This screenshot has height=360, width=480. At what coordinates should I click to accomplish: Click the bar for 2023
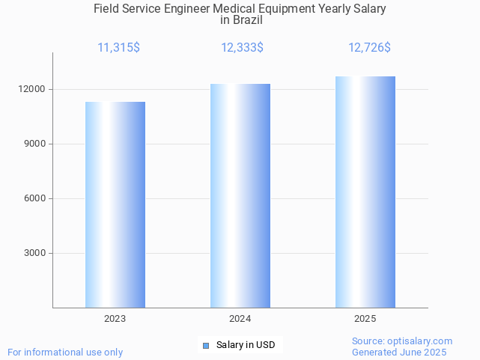(x=115, y=204)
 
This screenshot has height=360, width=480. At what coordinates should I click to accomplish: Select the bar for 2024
(x=240, y=195)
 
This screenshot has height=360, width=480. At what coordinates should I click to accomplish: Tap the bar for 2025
(x=365, y=192)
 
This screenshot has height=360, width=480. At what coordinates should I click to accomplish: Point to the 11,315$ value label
(x=118, y=48)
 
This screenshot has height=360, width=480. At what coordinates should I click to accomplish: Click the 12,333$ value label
(x=242, y=48)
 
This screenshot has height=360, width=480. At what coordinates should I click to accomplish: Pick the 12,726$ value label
(x=369, y=48)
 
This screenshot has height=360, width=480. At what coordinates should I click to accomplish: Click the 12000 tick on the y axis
(x=31, y=89)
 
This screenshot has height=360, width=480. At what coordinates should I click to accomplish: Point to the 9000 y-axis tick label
(x=34, y=144)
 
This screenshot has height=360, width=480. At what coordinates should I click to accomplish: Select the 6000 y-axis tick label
(x=34, y=198)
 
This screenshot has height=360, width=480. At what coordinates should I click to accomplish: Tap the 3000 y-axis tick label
(x=34, y=253)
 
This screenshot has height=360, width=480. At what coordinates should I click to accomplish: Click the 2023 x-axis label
(x=115, y=319)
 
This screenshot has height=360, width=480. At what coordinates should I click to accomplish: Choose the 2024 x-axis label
(x=240, y=319)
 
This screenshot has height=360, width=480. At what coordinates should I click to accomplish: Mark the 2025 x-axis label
(x=365, y=319)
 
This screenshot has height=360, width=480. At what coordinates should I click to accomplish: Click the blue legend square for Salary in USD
(x=206, y=345)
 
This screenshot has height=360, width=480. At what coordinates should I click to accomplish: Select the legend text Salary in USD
(x=246, y=345)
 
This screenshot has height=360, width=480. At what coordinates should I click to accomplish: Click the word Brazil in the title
(x=247, y=20)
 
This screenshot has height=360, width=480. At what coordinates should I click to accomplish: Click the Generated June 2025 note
(x=399, y=352)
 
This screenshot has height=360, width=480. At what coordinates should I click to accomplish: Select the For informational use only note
(x=65, y=352)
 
